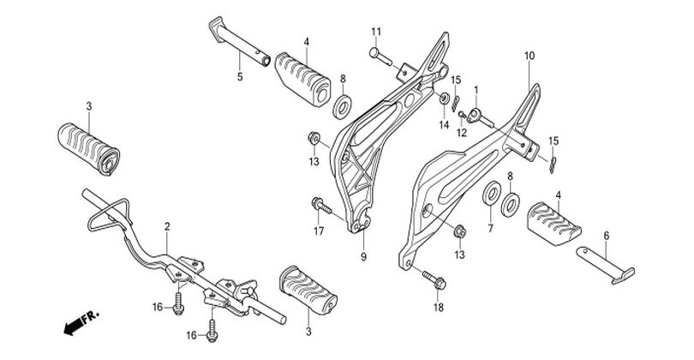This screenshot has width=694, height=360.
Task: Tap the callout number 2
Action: pyautogui.click(x=167, y=227)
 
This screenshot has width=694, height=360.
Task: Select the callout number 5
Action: pyautogui.click(x=240, y=77)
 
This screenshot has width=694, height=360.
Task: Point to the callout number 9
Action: pyautogui.click(x=363, y=257)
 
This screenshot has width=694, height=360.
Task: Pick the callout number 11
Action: pyautogui.click(x=375, y=33)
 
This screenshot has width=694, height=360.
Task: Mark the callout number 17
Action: pyautogui.click(x=318, y=231)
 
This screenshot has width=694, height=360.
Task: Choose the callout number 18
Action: pyautogui.click(x=438, y=307)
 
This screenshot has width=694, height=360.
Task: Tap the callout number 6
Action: pyautogui.click(x=607, y=235)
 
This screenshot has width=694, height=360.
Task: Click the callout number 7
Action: pyautogui.click(x=490, y=231)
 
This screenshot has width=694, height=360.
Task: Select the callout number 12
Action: pyautogui.click(x=461, y=133)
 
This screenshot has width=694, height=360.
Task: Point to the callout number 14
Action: pyautogui.click(x=444, y=125)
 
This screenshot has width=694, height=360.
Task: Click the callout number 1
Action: pyautogui.click(x=476, y=90)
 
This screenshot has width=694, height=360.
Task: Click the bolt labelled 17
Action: pyautogui.click(x=320, y=206)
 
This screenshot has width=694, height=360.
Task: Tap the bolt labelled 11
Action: pyautogui.click(x=382, y=54)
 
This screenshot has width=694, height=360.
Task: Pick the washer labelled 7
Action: pyautogui.click(x=493, y=192)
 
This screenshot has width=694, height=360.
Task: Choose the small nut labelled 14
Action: pyautogui.click(x=445, y=100)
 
